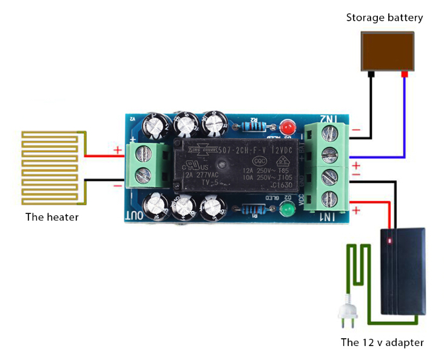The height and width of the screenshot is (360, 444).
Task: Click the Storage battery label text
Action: pos(385,18)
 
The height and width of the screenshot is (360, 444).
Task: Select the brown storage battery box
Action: pos(388,52)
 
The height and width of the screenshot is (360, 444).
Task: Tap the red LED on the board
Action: pos(287,127)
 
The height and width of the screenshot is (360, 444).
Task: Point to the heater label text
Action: pos(52,216)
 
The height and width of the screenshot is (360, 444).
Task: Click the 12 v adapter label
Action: pos(382,342)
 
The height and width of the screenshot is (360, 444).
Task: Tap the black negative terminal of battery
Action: pos(372,75)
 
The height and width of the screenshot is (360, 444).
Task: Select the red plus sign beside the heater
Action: pos(117,149)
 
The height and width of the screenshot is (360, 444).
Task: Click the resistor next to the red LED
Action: pos(254,127)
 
